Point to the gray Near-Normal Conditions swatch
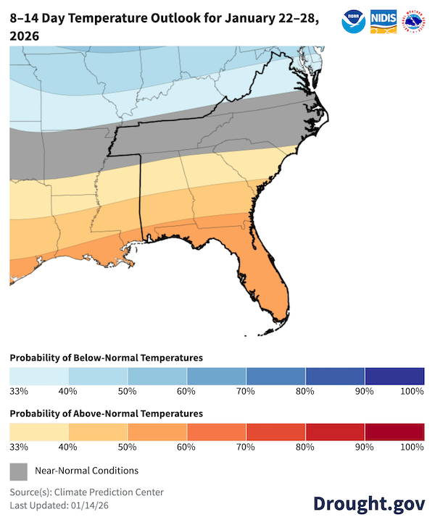point(19,471)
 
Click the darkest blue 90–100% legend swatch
point(394,376)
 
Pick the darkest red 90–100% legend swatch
point(394,432)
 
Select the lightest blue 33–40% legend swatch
point(39,376)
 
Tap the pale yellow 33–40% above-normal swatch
point(39,432)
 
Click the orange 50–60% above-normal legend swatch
point(157,432)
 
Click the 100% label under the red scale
point(412,447)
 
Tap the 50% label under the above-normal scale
point(127,447)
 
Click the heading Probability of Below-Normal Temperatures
point(106,358)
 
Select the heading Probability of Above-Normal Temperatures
point(106,413)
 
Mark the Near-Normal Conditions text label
point(86,471)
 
